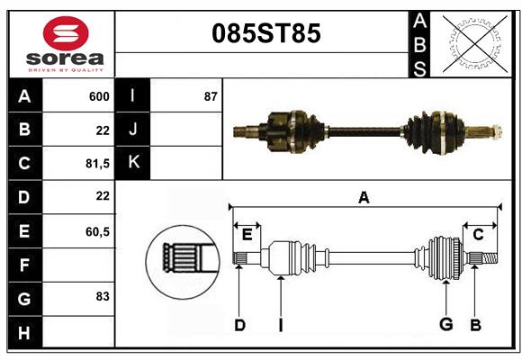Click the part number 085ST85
point(264,34)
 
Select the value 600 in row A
point(99,96)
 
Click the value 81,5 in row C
point(96,164)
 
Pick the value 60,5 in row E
point(96,231)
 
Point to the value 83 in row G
point(102,295)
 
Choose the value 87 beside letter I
point(211,96)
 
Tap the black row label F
point(24,265)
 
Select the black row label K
point(133,162)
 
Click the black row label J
point(133,130)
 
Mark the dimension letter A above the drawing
point(364,197)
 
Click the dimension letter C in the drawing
point(479,235)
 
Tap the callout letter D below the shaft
point(239,325)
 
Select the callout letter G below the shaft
point(445,325)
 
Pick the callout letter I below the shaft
point(281,325)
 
